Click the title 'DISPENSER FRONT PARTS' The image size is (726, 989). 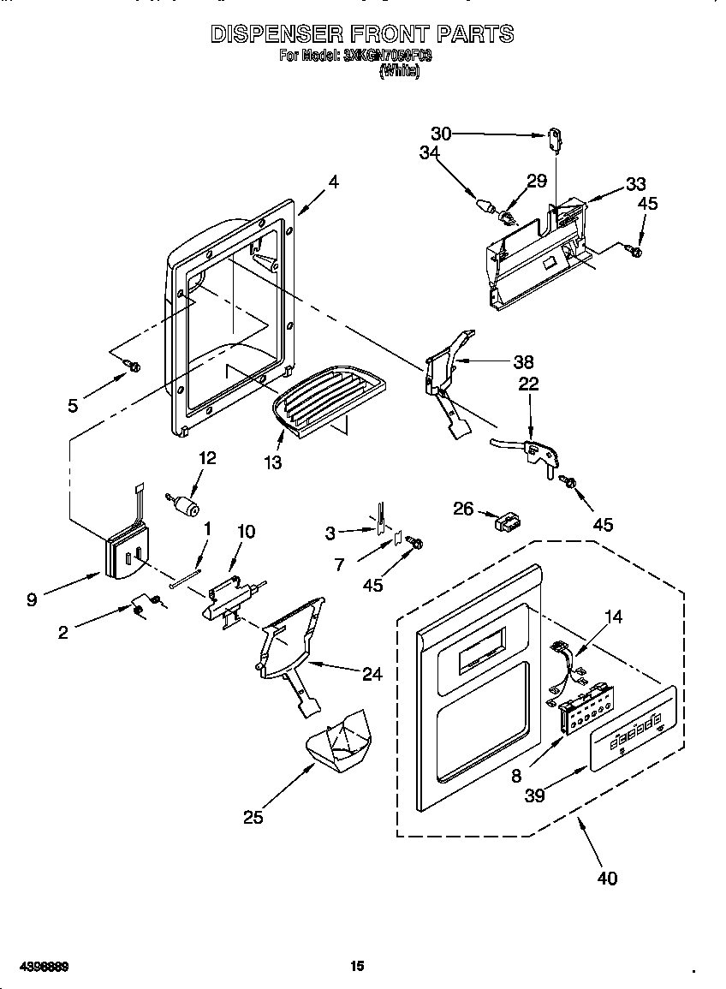(x=362, y=33)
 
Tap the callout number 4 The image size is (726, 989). (x=333, y=182)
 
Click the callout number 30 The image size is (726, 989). (x=441, y=133)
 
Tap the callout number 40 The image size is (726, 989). (x=605, y=877)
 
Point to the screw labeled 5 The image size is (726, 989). (x=132, y=366)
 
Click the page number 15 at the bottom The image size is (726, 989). (x=357, y=966)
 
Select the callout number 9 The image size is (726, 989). (x=32, y=600)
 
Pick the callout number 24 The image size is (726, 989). (x=372, y=674)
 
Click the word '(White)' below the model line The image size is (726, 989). (x=399, y=73)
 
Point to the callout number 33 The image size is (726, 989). (x=635, y=183)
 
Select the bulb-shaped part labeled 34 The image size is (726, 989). (x=486, y=206)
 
